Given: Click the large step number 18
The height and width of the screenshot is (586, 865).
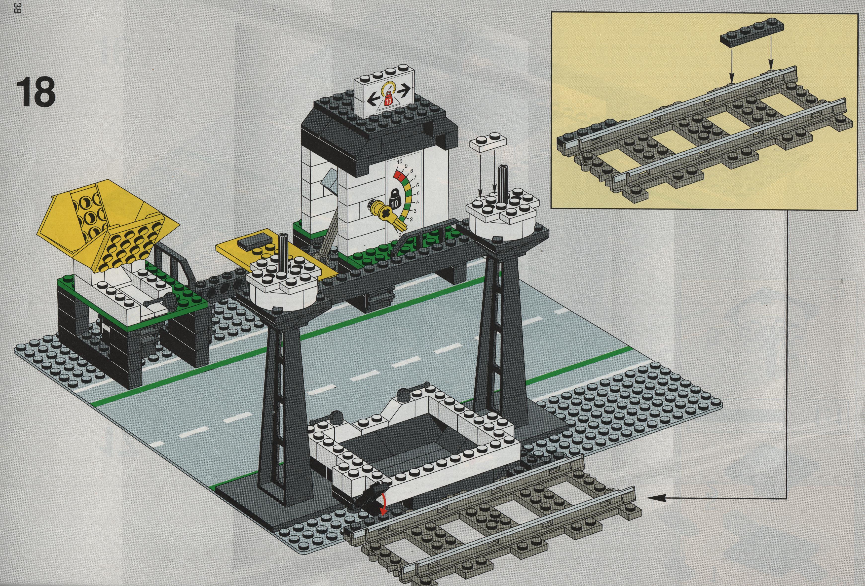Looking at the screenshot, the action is tap(35, 92).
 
